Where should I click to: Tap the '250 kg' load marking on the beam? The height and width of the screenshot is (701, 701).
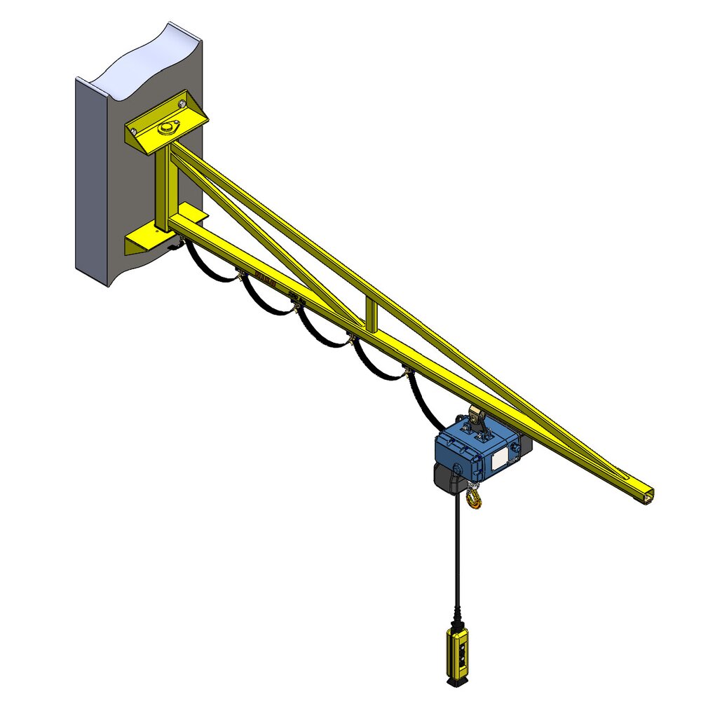[x=295, y=298]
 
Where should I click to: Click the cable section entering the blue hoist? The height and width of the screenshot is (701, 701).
[x=423, y=407]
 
